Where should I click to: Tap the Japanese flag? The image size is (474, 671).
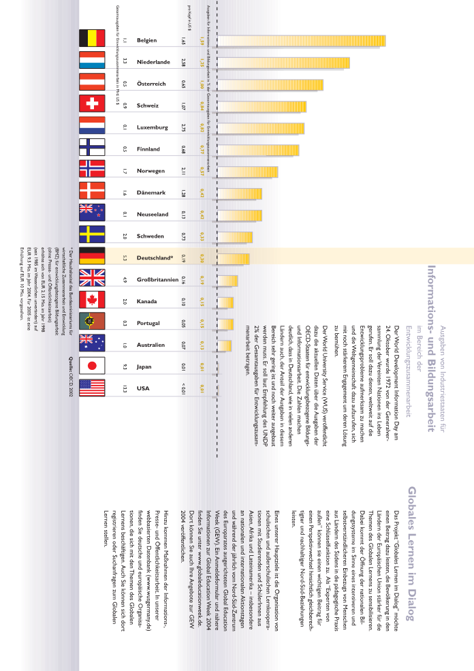(x=92, y=366)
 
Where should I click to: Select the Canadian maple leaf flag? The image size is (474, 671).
(x=92, y=301)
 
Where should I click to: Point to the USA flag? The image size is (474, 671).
(x=92, y=388)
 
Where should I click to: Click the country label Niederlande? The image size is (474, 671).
(x=153, y=62)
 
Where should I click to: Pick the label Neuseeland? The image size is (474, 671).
(x=152, y=215)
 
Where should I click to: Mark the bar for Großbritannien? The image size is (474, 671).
(x=227, y=280)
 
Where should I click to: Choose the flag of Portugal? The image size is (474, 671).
(x=92, y=323)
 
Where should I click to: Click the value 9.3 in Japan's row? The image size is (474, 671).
(x=125, y=366)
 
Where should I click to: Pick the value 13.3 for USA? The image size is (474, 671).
(x=125, y=388)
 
